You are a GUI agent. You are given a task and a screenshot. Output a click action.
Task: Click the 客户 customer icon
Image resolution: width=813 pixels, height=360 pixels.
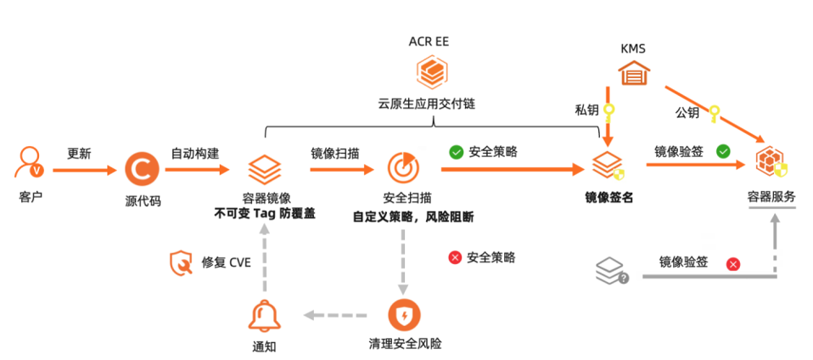coord(29,163)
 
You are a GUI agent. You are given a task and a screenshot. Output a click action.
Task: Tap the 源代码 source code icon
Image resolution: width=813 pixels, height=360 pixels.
coord(142,169)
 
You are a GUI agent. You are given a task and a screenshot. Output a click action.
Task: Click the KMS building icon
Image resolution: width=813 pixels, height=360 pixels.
coord(632,74)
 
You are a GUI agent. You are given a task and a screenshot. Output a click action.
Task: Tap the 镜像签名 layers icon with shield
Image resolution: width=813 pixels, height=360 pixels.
coord(608,166)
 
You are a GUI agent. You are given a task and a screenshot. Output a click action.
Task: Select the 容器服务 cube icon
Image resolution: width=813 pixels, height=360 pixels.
coord(771,163)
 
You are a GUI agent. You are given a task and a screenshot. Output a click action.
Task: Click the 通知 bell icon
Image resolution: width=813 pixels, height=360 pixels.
coord(263,316)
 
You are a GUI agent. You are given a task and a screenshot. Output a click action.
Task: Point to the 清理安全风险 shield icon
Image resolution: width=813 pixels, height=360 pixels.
coord(404,316)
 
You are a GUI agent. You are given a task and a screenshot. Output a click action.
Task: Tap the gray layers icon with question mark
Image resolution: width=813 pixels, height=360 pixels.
coord(611,269)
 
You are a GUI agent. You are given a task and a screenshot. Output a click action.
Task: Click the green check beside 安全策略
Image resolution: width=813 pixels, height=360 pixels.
coord(456,153)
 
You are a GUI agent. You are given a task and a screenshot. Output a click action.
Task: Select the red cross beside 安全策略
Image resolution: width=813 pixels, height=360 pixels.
coord(455,258)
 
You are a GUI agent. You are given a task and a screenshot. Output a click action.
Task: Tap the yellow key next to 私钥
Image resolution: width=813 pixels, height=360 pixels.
coord(608,111)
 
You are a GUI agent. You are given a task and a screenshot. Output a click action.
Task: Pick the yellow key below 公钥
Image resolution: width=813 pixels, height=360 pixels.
coord(715,111)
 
